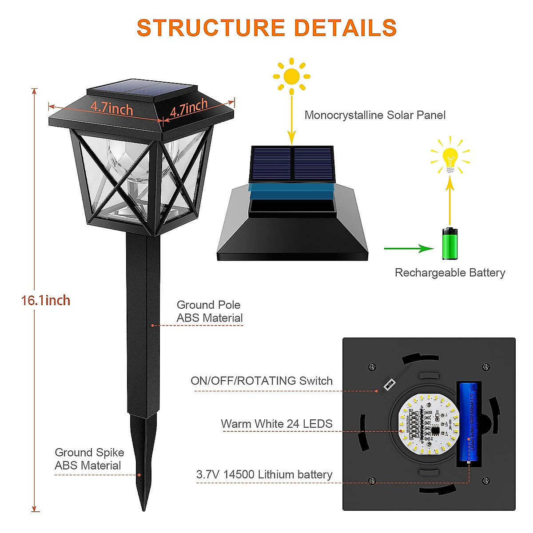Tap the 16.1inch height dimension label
(x=46, y=301)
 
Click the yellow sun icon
(x=291, y=76)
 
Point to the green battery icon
(x=449, y=243)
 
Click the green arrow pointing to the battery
(x=409, y=249)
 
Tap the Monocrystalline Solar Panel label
(x=375, y=115)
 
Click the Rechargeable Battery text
(x=450, y=273)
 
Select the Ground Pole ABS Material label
(x=209, y=311)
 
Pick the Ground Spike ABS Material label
(x=89, y=459)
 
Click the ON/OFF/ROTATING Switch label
(x=262, y=381)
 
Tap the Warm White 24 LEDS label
(x=276, y=424)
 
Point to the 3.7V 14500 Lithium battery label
(x=264, y=474)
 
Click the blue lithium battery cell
(x=469, y=422)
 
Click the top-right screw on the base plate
(x=486, y=367)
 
